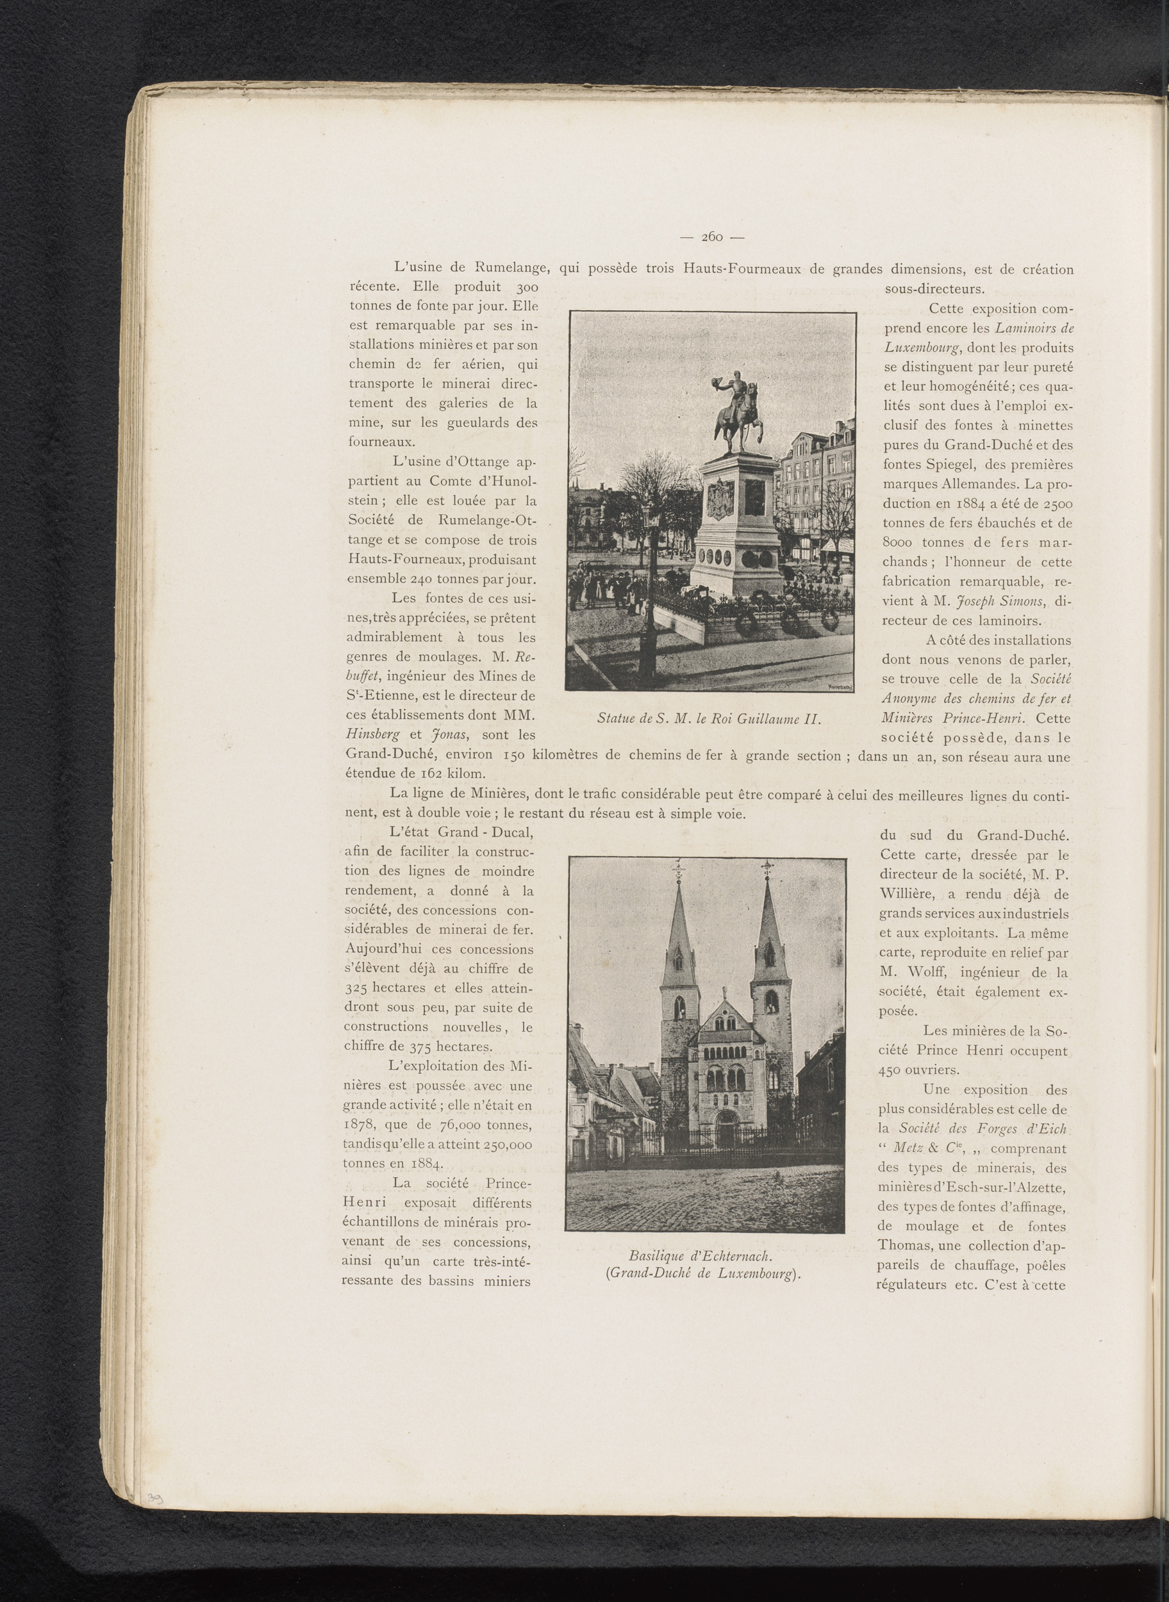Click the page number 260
(x=712, y=238)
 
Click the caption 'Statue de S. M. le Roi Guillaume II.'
(x=708, y=719)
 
